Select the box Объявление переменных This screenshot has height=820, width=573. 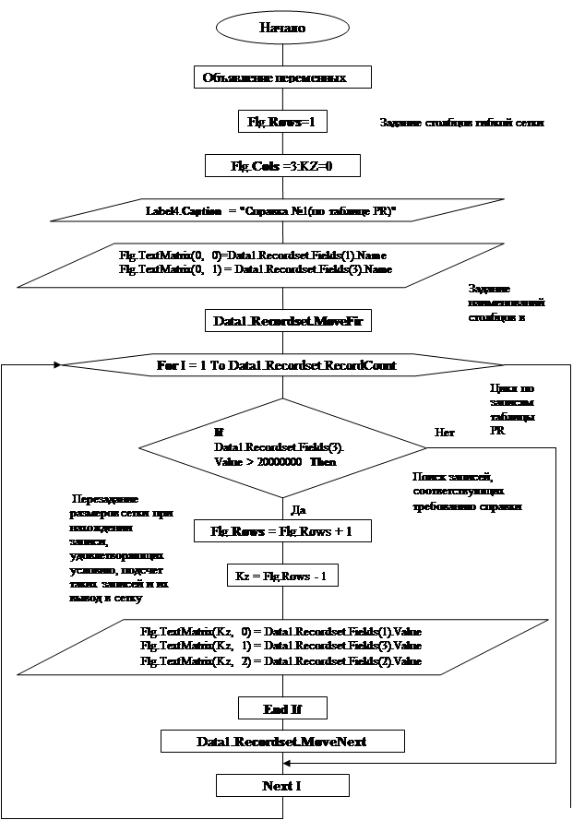click(282, 78)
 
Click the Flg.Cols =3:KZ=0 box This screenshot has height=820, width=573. click(281, 165)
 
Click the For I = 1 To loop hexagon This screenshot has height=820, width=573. click(277, 365)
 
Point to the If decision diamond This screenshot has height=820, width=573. click(284, 447)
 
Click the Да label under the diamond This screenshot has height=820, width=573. click(298, 508)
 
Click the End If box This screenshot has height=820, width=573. click(282, 708)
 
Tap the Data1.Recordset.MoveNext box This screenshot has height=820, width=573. click(282, 742)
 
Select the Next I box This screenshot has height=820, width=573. click(282, 785)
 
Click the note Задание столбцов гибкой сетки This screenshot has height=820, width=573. click(463, 122)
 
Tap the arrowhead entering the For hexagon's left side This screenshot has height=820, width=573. click(58, 365)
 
